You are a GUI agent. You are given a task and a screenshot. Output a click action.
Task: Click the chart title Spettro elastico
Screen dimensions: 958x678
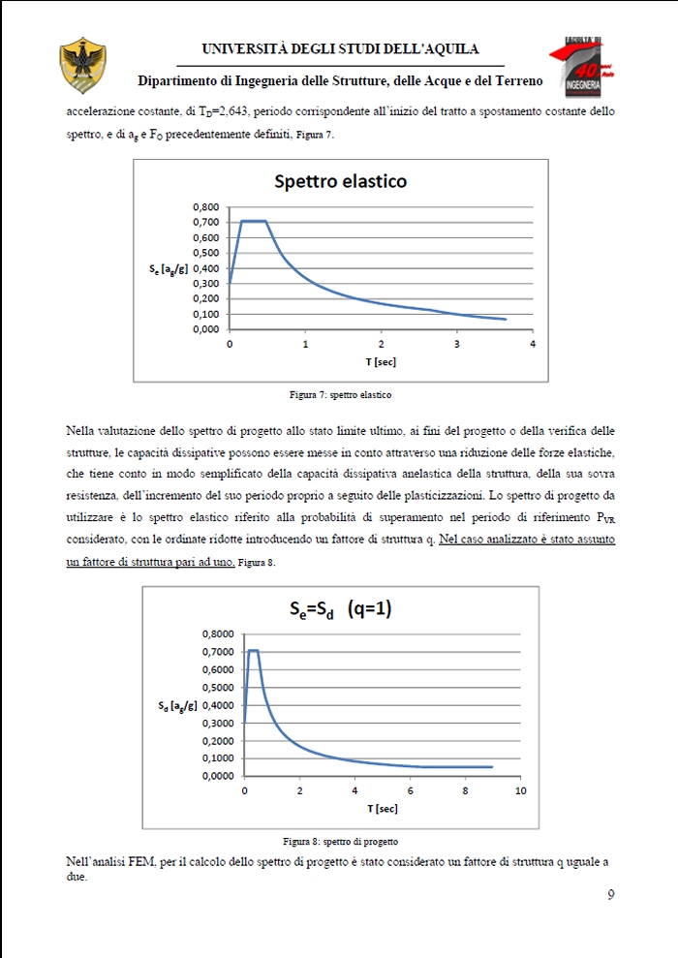(x=340, y=181)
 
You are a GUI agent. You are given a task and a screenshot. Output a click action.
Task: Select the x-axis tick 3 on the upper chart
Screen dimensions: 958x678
(x=457, y=344)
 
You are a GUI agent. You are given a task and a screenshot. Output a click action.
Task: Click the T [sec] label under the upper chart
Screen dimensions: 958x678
(x=381, y=361)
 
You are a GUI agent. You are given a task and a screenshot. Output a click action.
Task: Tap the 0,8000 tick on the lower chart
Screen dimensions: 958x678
(x=219, y=634)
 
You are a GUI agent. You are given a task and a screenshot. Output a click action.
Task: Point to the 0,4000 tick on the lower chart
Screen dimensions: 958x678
(x=219, y=705)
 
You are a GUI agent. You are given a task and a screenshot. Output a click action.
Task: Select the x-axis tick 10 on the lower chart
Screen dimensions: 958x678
(x=520, y=790)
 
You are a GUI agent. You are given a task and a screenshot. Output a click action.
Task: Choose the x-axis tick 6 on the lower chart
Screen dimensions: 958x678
(x=411, y=790)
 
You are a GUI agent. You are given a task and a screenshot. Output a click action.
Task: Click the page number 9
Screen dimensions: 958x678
(x=610, y=894)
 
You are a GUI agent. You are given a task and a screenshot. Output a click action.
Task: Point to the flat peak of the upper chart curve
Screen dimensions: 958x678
(x=253, y=221)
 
